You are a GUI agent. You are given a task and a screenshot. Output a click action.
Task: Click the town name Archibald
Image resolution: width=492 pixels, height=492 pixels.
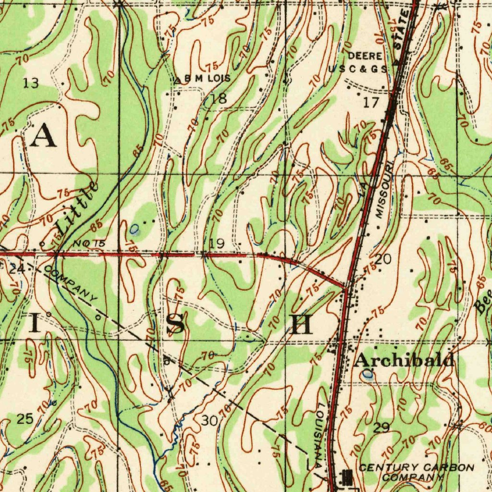click(x=404, y=360)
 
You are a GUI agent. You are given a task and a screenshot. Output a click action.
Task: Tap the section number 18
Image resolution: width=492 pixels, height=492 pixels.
click(x=219, y=99)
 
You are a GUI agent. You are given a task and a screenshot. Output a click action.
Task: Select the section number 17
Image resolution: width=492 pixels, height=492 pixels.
click(x=371, y=102)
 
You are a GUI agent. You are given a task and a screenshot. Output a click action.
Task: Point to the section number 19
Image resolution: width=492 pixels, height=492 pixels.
click(x=217, y=244)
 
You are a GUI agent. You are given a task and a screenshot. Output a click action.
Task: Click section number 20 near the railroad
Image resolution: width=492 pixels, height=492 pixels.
click(x=383, y=259)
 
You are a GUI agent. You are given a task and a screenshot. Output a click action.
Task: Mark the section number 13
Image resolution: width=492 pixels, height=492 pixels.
click(x=31, y=84)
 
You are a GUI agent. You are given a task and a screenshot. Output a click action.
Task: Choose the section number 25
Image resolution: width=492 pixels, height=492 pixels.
click(x=25, y=419)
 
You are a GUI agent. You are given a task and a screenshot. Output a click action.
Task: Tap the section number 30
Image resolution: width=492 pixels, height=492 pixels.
click(x=209, y=421)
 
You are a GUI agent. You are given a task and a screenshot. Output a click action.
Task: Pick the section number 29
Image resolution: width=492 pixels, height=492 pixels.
click(x=382, y=427)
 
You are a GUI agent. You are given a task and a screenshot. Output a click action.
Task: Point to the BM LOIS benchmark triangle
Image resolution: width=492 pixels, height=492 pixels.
click(x=178, y=80)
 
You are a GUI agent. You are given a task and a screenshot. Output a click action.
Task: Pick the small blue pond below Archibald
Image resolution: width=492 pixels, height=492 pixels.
click(x=368, y=373)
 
